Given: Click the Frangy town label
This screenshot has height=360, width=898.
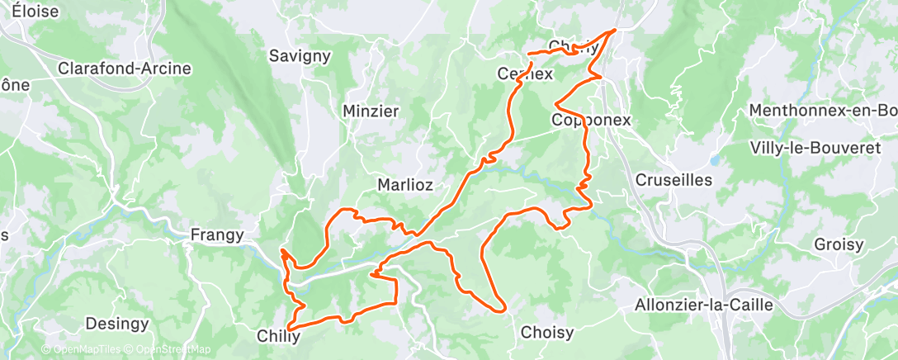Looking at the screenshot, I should pyautogui.click(x=217, y=234).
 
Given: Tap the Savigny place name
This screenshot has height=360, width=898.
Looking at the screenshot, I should pyautogui.click(x=300, y=56).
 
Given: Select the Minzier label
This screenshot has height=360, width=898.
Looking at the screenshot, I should pyautogui.click(x=371, y=111).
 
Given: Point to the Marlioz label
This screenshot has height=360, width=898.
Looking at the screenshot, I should pyautogui.click(x=405, y=184).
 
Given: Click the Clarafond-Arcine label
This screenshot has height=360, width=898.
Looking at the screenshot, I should pyautogui.click(x=124, y=69).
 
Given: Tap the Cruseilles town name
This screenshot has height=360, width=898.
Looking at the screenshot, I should pyautogui.click(x=673, y=179).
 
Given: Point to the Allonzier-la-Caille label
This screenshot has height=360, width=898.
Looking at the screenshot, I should pyautogui.click(x=703, y=305).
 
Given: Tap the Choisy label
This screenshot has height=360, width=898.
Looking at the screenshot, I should pyautogui.click(x=547, y=333).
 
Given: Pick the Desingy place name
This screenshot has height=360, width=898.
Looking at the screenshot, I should pyautogui.click(x=117, y=323).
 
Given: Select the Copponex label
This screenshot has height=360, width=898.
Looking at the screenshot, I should pyautogui.click(x=591, y=120).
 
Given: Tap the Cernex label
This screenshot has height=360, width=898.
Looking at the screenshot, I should pyautogui.click(x=525, y=73).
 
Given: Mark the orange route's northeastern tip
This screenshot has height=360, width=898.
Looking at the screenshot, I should pyautogui.click(x=615, y=31).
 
